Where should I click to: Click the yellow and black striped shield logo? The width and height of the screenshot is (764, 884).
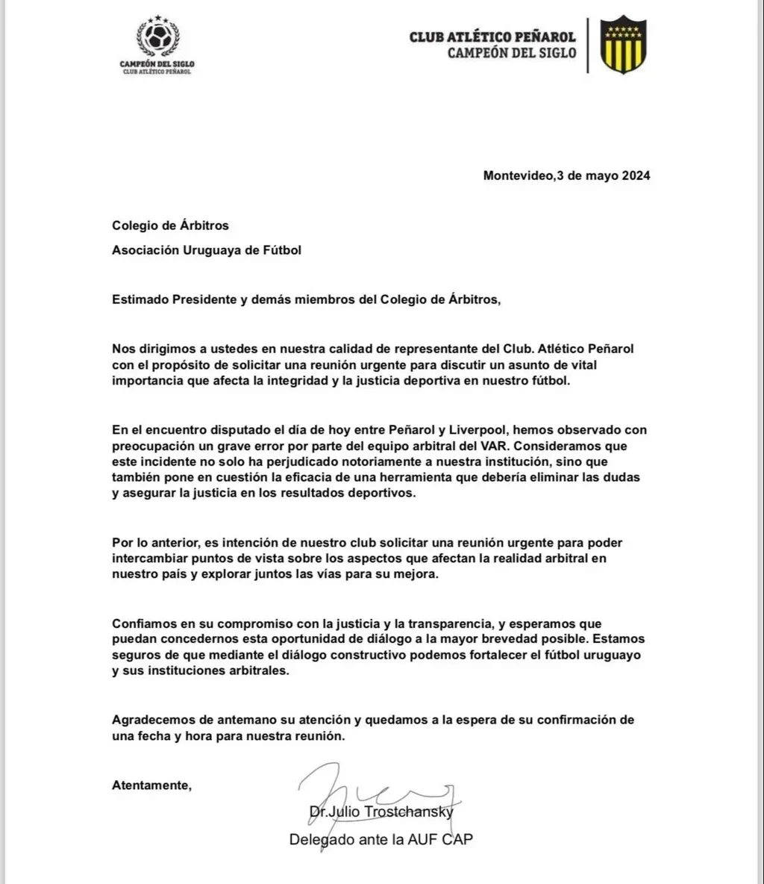tap(624, 46)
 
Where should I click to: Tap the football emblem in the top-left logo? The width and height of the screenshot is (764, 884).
tap(157, 38)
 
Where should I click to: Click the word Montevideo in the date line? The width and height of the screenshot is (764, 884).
tap(519, 176)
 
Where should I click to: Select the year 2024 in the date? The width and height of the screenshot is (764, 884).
tap(634, 176)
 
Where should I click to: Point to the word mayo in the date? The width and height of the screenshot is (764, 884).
tap(598, 176)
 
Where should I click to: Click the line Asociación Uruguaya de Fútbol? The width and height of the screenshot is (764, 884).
tap(207, 250)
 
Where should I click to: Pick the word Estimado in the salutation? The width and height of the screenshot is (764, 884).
tap(140, 300)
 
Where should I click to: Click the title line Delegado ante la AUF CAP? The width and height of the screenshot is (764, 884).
tap(381, 839)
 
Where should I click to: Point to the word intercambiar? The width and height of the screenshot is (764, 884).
tap(149, 558)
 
